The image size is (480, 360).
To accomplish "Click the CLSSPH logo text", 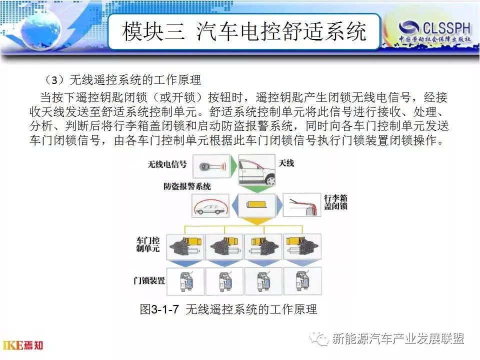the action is (446, 28).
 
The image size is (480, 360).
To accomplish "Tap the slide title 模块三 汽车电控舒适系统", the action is (244, 31).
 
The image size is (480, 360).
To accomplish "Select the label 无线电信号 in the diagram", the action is (167, 164).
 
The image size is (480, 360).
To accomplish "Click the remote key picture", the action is (211, 166).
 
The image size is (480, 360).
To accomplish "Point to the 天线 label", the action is (286, 163).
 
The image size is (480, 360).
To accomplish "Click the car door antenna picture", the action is (256, 169).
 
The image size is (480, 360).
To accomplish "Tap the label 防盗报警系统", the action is (187, 186).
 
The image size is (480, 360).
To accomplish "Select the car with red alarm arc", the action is (210, 205).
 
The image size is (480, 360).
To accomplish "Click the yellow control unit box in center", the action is (257, 204).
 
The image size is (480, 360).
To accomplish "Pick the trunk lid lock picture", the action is (302, 205).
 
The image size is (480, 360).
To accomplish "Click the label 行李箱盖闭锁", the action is (336, 201).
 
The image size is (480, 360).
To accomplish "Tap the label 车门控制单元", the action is (148, 244).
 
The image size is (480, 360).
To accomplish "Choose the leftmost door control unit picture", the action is (185, 247).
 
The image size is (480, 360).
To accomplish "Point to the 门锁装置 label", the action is (149, 280).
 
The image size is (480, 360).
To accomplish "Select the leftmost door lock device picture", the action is (185, 281).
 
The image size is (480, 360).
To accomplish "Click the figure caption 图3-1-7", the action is (159, 309).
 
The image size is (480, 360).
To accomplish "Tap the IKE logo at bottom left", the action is (23, 345).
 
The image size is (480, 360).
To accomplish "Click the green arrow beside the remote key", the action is (233, 166).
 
